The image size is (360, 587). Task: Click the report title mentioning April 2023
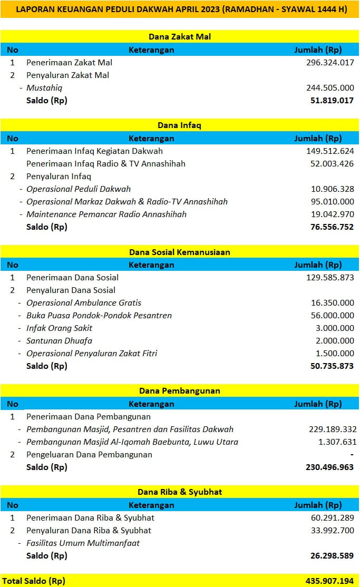click(x=180, y=9)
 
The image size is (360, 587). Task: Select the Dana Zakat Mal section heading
click(x=180, y=37)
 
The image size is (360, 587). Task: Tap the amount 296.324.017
click(x=330, y=63)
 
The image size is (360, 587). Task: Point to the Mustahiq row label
click(x=44, y=88)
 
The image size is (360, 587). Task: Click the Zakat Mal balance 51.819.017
click(x=332, y=101)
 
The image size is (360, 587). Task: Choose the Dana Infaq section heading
click(x=180, y=125)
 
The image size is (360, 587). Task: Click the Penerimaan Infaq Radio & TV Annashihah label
click(x=106, y=164)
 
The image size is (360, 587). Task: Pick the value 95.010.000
click(x=332, y=202)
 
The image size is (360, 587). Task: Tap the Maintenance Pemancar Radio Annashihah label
click(x=106, y=214)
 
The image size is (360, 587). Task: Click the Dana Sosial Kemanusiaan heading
click(x=180, y=252)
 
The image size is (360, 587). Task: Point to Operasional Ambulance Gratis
click(x=84, y=303)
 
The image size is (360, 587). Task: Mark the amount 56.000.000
click(x=332, y=316)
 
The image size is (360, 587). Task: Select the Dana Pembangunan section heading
click(x=180, y=391)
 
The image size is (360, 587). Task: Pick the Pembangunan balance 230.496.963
click(x=330, y=467)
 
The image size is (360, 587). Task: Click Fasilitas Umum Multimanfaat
click(x=83, y=543)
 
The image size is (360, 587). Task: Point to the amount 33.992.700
click(x=332, y=531)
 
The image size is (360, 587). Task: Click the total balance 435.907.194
click(x=330, y=581)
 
